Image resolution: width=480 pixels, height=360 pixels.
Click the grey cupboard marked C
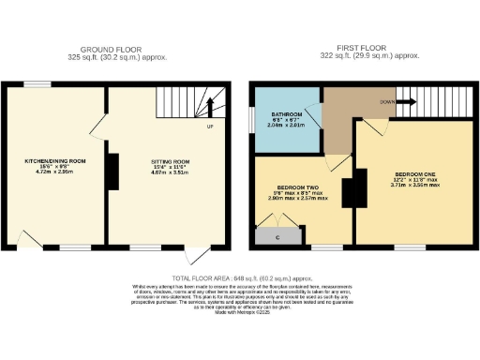coord(278,236)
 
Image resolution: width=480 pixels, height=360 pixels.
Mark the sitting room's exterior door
coord(195,255)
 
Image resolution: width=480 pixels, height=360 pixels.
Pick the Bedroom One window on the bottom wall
coord(409,247)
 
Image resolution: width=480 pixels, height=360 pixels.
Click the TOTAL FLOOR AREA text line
coord(239,278)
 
